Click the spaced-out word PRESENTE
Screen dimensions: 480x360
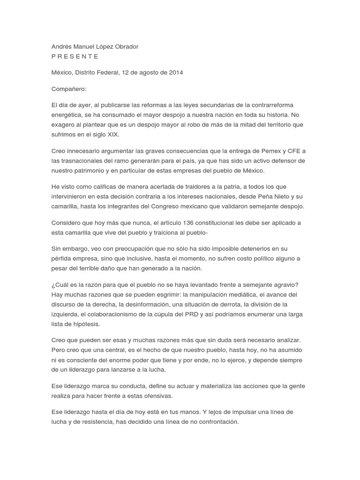click(75, 56)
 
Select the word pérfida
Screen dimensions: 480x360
click(63, 258)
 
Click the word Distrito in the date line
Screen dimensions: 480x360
click(87, 73)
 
